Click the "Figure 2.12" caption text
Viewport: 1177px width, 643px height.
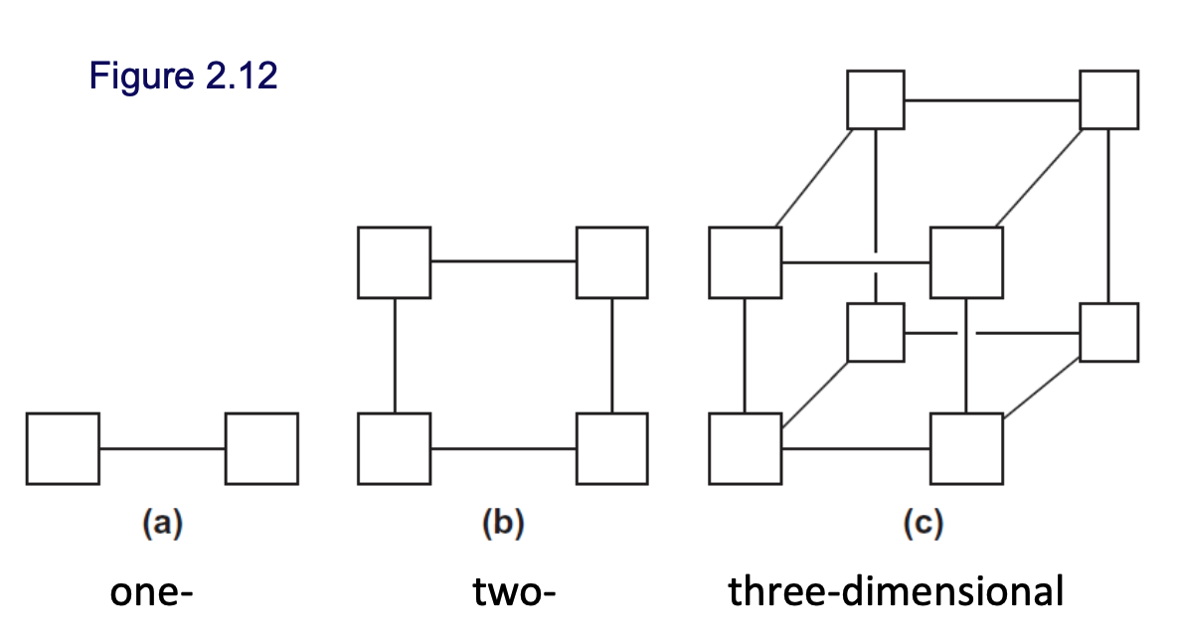[x=183, y=76]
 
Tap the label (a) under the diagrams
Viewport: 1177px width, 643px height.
[x=162, y=523]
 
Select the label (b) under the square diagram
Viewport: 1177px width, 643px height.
[x=502, y=523]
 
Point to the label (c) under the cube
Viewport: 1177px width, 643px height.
[x=922, y=523]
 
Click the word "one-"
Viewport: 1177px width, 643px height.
[x=150, y=593]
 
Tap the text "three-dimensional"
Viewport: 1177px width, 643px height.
[x=896, y=593]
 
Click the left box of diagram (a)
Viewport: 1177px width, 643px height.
[x=63, y=448]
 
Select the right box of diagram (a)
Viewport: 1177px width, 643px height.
[x=262, y=448]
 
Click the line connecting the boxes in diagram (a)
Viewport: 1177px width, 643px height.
[x=162, y=448]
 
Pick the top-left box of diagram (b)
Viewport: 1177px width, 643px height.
[x=395, y=262]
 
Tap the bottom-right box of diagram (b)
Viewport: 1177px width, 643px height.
[x=612, y=448]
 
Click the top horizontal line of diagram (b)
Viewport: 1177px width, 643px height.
[x=503, y=262]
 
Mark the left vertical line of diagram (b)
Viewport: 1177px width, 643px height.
[x=395, y=355]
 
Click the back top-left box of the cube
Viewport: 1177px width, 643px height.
[x=876, y=99]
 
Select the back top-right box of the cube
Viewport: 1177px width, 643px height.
[x=1109, y=99]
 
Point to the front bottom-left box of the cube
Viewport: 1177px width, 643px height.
[x=746, y=448]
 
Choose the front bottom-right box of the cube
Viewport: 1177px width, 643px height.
[x=966, y=448]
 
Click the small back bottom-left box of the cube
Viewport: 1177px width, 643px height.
[x=876, y=332]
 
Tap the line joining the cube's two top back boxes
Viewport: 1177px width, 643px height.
[x=992, y=99]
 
